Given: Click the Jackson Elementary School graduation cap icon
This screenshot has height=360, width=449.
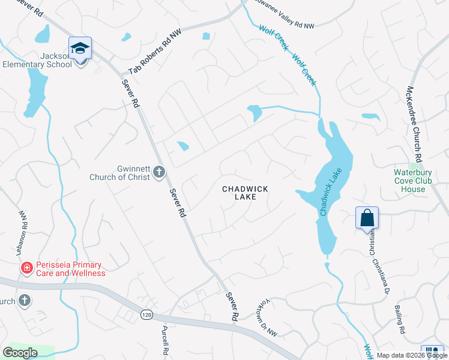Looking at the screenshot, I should (80, 49).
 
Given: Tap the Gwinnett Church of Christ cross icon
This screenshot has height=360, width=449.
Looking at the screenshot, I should (158, 173).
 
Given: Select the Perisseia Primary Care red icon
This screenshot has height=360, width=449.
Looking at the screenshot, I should (26, 268).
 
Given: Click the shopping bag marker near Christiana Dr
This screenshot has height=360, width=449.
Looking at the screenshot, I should (367, 218).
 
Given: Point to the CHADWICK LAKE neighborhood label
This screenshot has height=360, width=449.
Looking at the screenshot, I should (245, 193).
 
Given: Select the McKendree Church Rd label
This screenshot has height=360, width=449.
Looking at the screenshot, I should (419, 118).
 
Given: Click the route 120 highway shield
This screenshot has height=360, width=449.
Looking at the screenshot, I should (146, 314).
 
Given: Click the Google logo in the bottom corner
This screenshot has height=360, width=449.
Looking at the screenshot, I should (20, 353).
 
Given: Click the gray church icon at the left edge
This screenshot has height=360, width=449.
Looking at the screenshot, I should (24, 299).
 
